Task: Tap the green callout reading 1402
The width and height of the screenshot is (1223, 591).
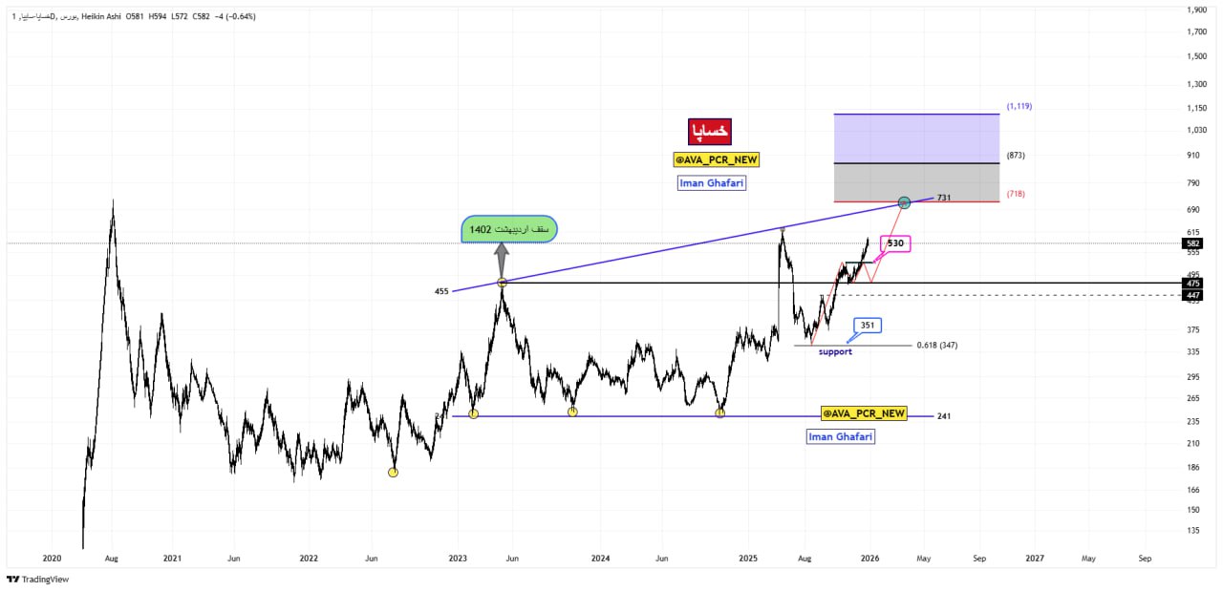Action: (x=508, y=229)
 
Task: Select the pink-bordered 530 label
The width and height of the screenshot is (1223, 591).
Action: (x=894, y=243)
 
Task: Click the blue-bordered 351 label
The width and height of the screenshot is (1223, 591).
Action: (x=867, y=325)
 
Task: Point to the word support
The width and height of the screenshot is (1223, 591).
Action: (x=835, y=352)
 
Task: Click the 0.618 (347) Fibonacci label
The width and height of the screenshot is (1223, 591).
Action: (x=936, y=345)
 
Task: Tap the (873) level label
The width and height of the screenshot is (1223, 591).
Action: (x=1015, y=155)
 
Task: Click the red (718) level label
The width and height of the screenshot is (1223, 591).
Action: (x=1015, y=194)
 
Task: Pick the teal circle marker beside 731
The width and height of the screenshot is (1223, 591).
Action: (x=904, y=202)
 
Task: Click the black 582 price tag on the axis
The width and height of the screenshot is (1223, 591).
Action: (x=1191, y=243)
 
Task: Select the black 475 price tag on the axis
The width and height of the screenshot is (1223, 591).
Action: (x=1191, y=284)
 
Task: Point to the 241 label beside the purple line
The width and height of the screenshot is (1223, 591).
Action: (x=944, y=416)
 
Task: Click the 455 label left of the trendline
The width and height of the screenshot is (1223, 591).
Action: (x=440, y=290)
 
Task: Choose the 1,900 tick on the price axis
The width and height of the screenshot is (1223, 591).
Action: (x=1195, y=11)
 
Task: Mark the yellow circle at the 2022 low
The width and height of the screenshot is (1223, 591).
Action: (x=393, y=472)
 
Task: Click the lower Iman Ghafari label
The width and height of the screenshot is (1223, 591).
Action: (x=841, y=436)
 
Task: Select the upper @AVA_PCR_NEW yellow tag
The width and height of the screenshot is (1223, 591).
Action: (x=716, y=160)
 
